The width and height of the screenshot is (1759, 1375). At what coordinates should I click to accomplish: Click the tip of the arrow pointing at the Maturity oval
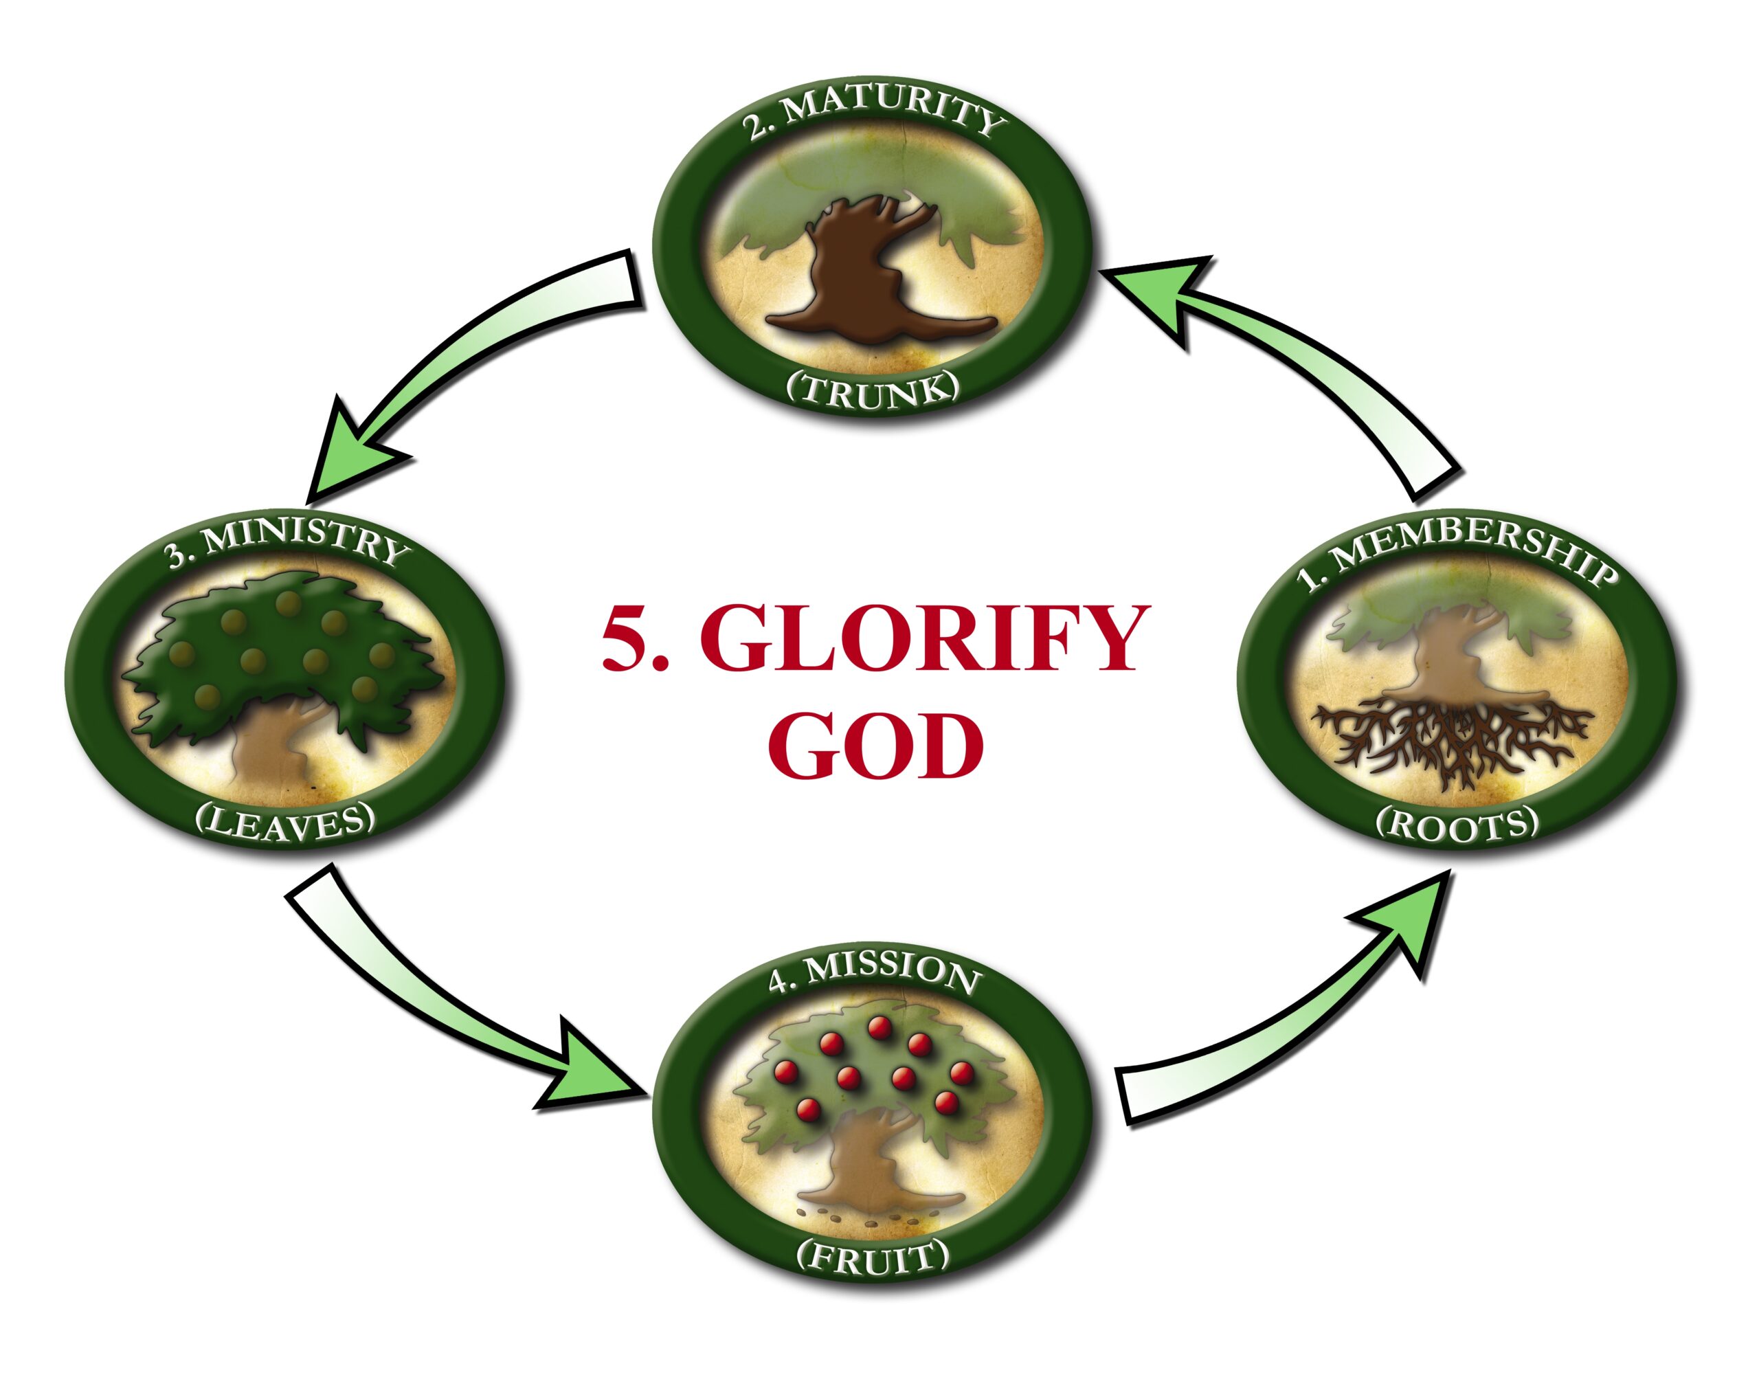tap(1103, 271)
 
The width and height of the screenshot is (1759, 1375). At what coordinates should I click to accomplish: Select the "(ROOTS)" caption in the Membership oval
tap(1457, 823)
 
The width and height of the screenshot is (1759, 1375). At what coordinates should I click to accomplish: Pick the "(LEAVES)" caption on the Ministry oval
tap(286, 823)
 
